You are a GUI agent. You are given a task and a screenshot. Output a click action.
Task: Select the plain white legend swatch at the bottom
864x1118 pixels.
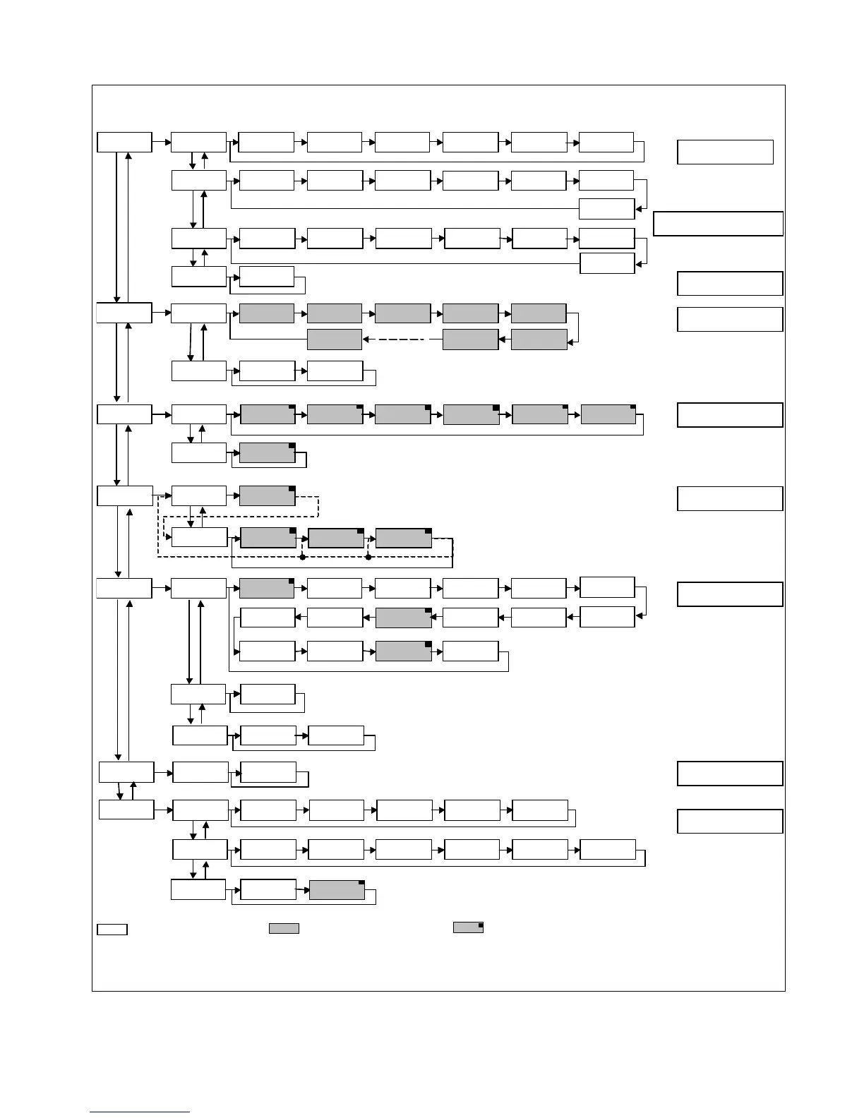pyautogui.click(x=112, y=929)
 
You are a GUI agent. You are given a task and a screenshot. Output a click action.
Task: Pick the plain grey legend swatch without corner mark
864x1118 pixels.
pyautogui.click(x=284, y=929)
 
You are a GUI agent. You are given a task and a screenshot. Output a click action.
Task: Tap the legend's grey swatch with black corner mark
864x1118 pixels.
pyautogui.click(x=468, y=927)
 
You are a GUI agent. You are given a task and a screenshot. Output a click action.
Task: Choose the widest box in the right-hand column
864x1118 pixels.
pyautogui.click(x=719, y=224)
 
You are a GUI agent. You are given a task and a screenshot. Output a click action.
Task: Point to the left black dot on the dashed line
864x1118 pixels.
pyautogui.click(x=302, y=558)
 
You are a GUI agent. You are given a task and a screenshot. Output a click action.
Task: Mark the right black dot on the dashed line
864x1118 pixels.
pyautogui.click(x=368, y=558)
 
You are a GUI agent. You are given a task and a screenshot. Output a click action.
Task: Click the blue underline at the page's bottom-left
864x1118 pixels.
pyautogui.click(x=140, y=1112)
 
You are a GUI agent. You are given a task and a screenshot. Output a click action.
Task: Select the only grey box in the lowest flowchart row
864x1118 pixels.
pyautogui.click(x=337, y=890)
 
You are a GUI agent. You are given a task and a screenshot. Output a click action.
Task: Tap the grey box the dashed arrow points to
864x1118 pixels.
pyautogui.click(x=335, y=339)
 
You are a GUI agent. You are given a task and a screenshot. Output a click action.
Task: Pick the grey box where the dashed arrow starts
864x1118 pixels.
pyautogui.click(x=470, y=339)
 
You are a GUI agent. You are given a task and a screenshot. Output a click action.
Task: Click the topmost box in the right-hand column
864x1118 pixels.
pyautogui.click(x=725, y=152)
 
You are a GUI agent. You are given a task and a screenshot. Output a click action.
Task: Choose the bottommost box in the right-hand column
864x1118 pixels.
pyautogui.click(x=730, y=822)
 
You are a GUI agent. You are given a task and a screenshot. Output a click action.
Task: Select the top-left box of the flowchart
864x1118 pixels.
pyautogui.click(x=124, y=141)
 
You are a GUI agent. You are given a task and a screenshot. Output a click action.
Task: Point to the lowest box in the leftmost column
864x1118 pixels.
pyautogui.click(x=126, y=810)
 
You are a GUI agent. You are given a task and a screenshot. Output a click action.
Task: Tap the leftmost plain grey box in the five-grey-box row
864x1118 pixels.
pyautogui.click(x=267, y=313)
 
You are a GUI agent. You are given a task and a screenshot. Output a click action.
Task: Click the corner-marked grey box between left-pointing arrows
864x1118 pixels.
pyautogui.click(x=403, y=618)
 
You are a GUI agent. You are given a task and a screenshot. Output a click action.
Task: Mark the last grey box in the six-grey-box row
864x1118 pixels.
pyautogui.click(x=608, y=414)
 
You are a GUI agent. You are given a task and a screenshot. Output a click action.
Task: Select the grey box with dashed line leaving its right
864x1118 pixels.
pyautogui.click(x=268, y=495)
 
